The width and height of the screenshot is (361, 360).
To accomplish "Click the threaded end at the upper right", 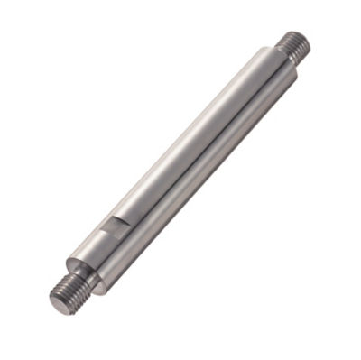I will point(295,44).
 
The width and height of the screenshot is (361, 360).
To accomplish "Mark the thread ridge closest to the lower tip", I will point(60,300).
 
